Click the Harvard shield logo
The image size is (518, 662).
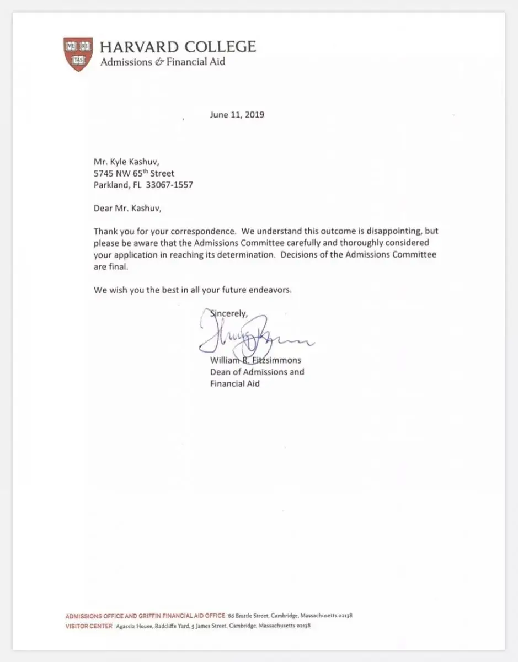pyautogui.click(x=78, y=54)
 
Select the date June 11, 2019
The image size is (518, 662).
pyautogui.click(x=237, y=115)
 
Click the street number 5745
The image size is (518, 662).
pyautogui.click(x=104, y=173)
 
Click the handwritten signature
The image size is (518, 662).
pyautogui.click(x=254, y=338)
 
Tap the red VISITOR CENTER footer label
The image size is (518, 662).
pyautogui.click(x=89, y=626)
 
